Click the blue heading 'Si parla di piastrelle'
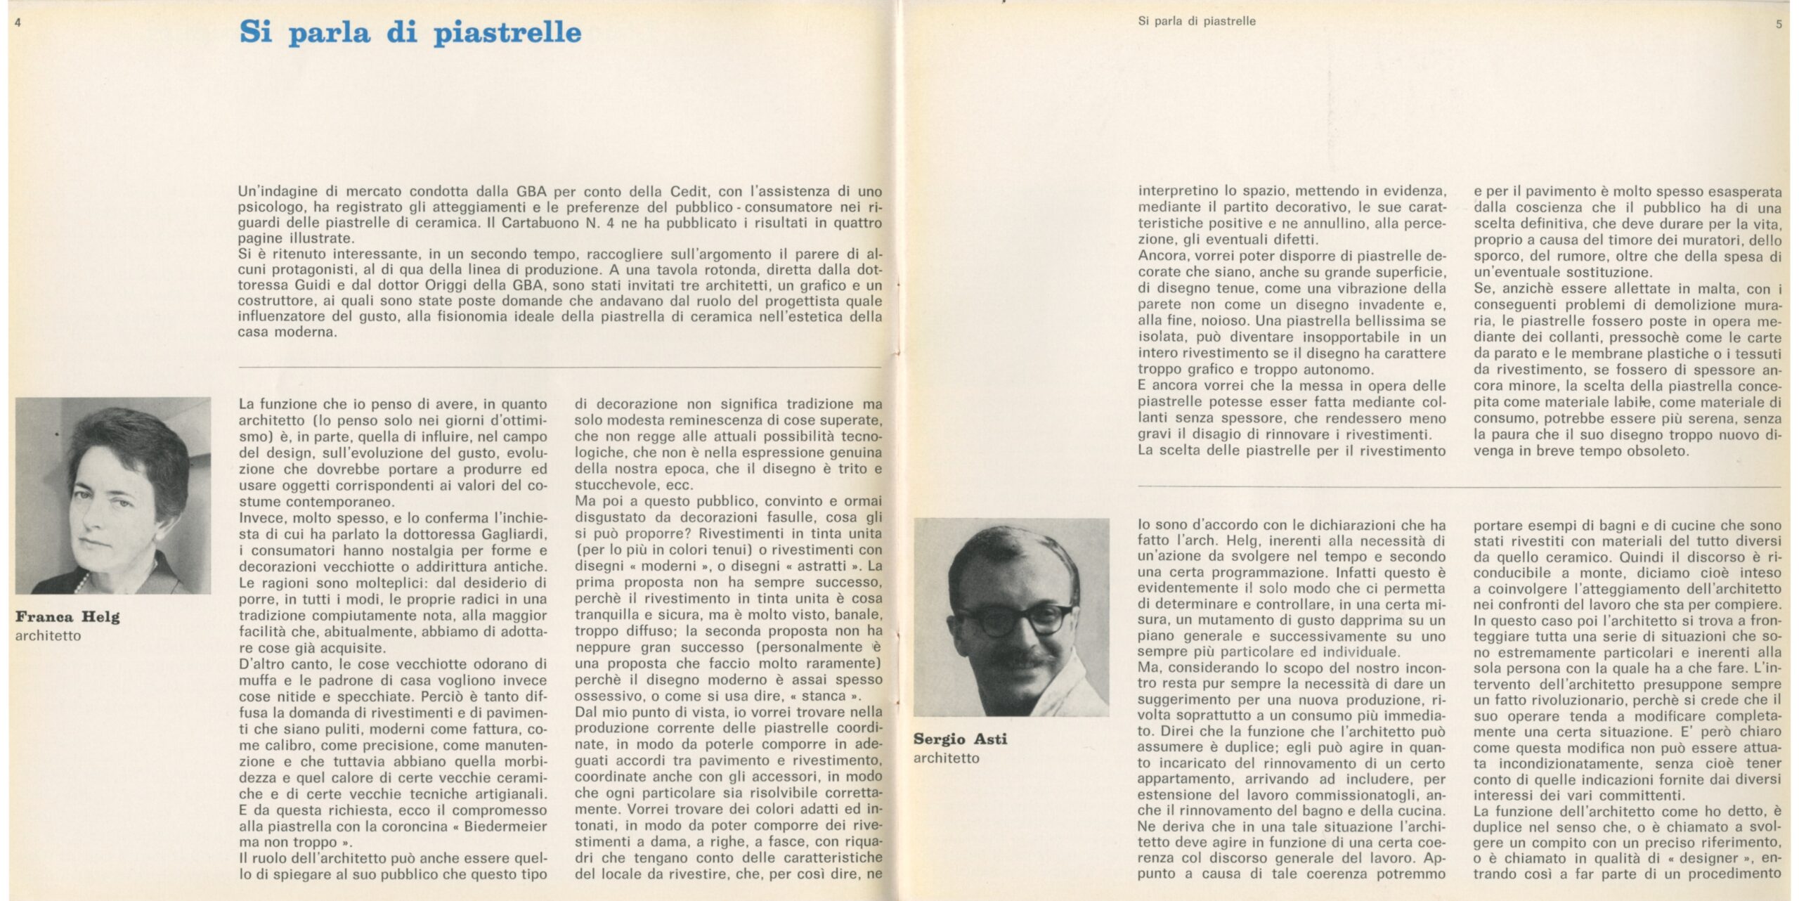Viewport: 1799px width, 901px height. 410,33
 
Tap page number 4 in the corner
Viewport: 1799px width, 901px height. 18,22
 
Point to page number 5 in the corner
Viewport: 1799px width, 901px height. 1779,24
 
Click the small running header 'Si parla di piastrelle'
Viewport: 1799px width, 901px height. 1196,21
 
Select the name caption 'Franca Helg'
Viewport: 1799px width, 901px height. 67,617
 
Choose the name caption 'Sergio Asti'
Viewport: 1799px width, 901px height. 960,739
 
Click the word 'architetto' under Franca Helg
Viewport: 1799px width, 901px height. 48,636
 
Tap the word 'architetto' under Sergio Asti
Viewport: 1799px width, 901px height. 946,758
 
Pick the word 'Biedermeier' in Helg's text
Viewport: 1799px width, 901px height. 505,826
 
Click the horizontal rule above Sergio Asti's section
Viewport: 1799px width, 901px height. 1459,486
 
